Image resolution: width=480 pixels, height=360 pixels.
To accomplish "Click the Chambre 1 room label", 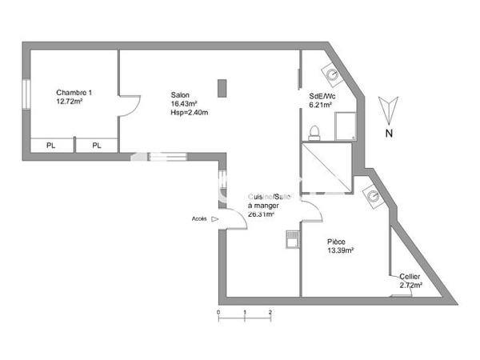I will [74, 92].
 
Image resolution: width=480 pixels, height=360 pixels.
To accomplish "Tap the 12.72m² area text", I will [70, 102].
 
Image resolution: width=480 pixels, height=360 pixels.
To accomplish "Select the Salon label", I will [180, 93].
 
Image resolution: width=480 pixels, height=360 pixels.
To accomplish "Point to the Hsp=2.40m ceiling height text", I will [189, 112].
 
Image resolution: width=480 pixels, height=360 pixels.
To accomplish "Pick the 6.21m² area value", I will [320, 106].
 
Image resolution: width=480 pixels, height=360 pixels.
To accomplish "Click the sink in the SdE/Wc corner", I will [332, 73].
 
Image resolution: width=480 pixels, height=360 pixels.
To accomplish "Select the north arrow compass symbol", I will [388, 108].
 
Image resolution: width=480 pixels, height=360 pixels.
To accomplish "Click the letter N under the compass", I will [389, 134].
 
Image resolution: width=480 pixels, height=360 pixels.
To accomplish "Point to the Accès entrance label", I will [199, 218].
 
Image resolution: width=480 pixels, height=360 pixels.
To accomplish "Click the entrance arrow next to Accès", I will [214, 218].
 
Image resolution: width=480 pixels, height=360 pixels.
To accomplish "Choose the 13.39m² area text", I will [340, 250].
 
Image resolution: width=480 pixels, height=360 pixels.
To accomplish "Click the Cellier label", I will [410, 276].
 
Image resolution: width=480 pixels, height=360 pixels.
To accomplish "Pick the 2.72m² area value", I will [411, 284].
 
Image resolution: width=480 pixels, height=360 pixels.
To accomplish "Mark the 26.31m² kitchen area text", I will [262, 214].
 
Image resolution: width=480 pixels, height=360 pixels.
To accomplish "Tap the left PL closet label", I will [51, 145].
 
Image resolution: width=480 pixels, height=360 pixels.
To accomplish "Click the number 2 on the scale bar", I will [270, 310].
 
